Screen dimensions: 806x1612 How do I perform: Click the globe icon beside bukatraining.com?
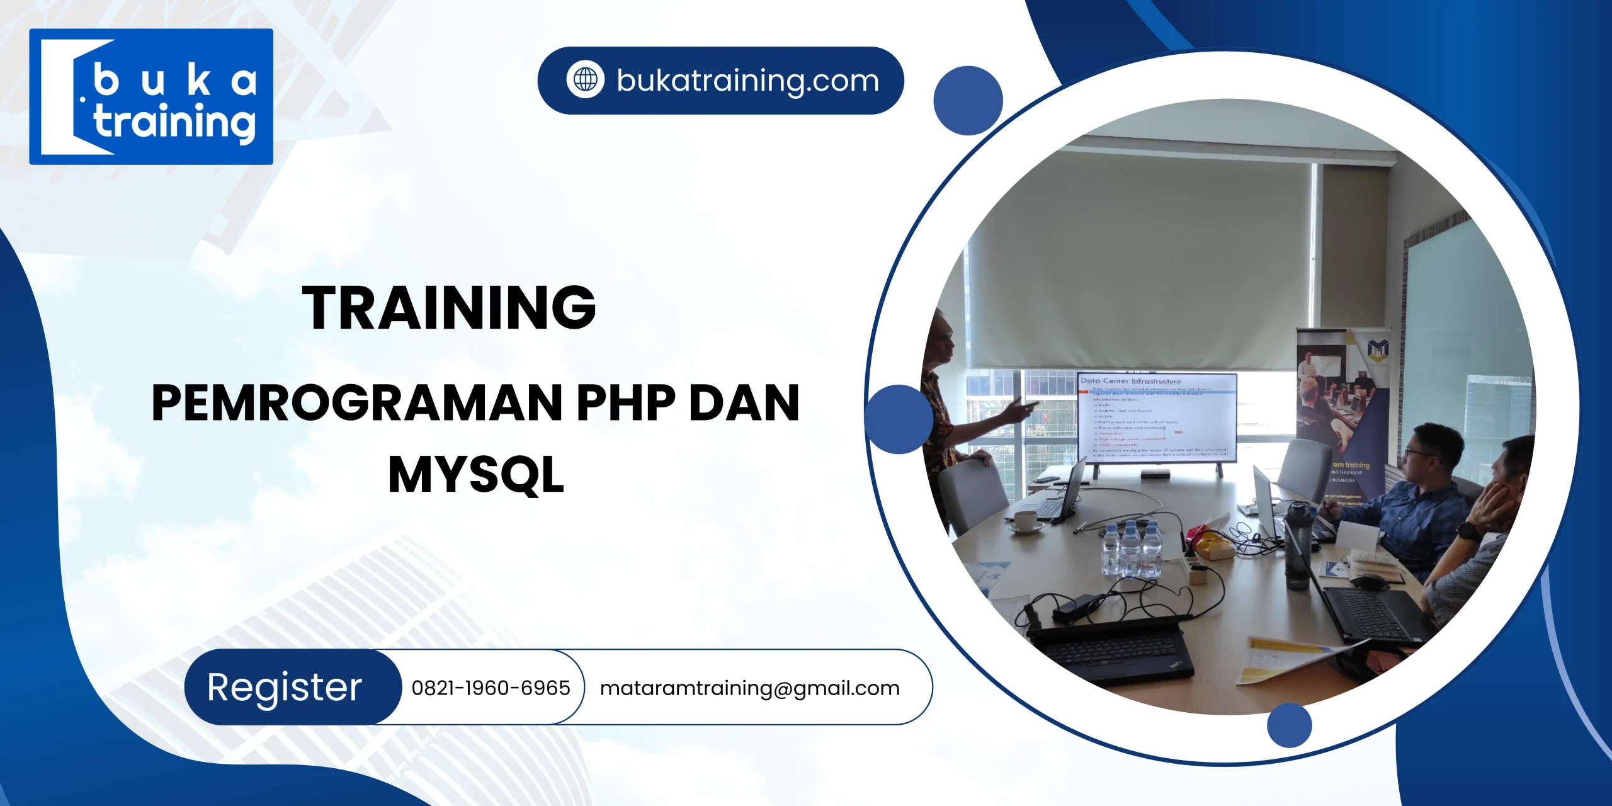click(585, 80)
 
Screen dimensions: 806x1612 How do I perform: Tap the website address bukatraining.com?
click(747, 81)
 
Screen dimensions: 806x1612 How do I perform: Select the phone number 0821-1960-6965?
click(491, 688)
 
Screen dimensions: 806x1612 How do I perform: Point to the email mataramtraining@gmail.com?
click(749, 688)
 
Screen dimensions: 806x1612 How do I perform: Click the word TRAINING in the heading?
click(448, 307)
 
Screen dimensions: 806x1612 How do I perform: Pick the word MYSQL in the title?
click(476, 475)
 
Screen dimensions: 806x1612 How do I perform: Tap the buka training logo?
click(151, 97)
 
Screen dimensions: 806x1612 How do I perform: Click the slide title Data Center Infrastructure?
click(1131, 381)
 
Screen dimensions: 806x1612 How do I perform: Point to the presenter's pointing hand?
click(1020, 409)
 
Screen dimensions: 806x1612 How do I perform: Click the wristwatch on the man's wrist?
click(1467, 530)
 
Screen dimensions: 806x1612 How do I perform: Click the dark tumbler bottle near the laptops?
click(1297, 545)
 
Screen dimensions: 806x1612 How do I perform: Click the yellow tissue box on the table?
click(1212, 545)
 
